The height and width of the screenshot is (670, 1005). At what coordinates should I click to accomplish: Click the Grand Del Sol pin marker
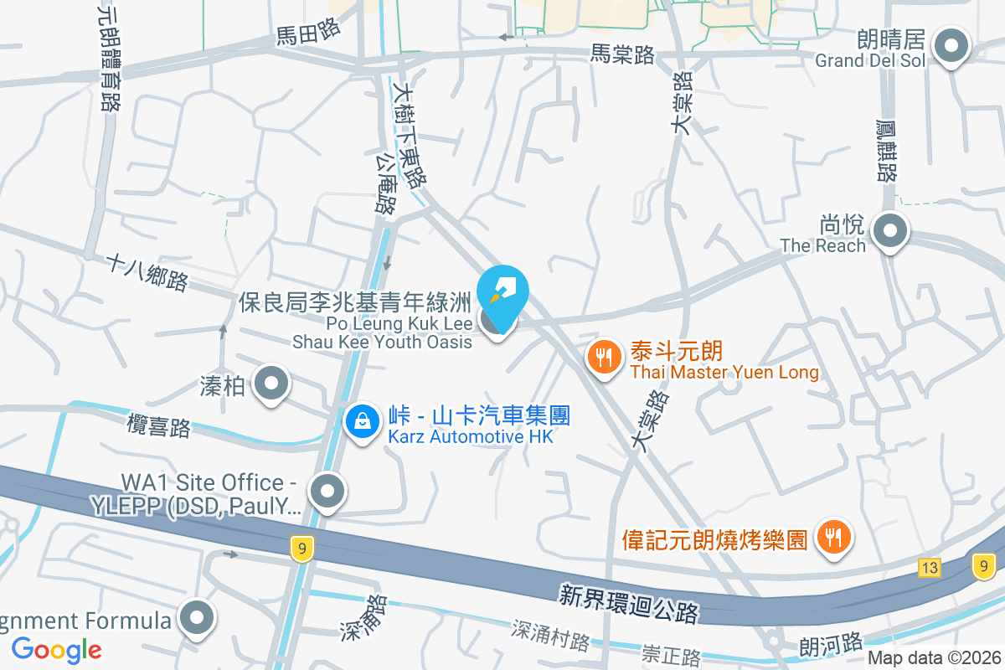point(951,47)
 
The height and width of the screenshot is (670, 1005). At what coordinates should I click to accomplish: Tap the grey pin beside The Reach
point(889,231)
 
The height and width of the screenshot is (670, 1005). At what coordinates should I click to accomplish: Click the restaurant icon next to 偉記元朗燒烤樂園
point(832,537)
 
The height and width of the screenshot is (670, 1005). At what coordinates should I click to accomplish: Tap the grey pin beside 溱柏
point(271,384)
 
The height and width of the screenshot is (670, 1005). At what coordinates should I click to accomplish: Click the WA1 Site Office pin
point(327,492)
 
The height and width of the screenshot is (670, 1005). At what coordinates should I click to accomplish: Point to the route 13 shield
point(929,568)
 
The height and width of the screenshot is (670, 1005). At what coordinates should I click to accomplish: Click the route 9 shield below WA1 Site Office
point(302,549)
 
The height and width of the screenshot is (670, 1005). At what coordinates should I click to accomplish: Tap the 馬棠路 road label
point(622,54)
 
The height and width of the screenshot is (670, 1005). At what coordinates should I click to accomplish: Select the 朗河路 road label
point(831,644)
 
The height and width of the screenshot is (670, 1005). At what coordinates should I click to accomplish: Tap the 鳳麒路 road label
point(886,150)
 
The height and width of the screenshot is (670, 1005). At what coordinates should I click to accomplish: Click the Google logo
point(57,649)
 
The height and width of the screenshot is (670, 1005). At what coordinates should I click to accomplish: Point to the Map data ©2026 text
point(933,657)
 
